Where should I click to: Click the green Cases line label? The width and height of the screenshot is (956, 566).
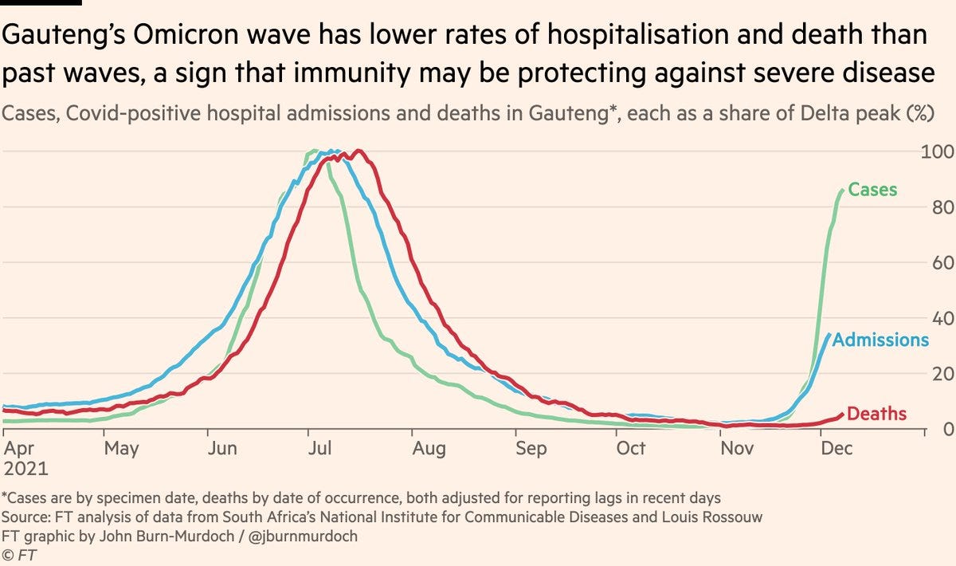[x=872, y=190]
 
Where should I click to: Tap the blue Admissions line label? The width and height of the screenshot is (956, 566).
[x=881, y=340]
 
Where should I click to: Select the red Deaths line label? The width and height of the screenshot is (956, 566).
[x=877, y=414]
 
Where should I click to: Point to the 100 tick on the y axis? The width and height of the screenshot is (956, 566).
[x=938, y=151]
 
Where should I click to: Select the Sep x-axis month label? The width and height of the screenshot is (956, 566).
[x=531, y=448]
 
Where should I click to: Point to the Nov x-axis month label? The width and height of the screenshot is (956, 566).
[x=738, y=448]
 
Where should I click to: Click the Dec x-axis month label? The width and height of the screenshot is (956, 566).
[x=837, y=448]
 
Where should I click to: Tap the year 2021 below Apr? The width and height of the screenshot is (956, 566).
[x=26, y=468]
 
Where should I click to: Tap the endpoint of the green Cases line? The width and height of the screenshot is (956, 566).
[x=842, y=190]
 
